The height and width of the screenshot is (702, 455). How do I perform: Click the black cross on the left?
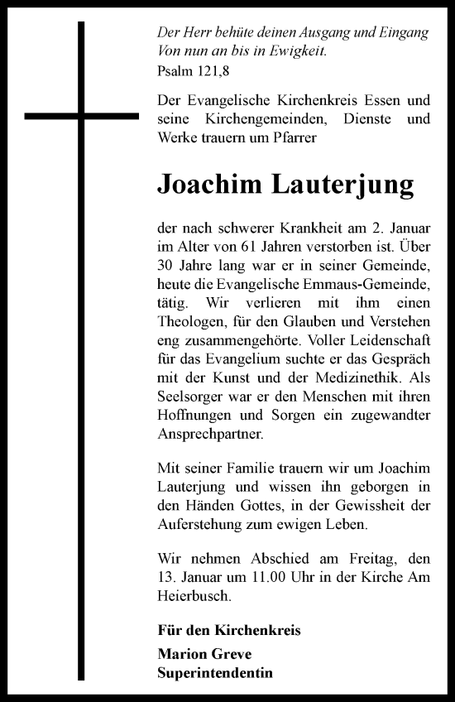click(x=82, y=116)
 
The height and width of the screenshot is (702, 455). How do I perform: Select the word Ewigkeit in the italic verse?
click(x=297, y=50)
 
